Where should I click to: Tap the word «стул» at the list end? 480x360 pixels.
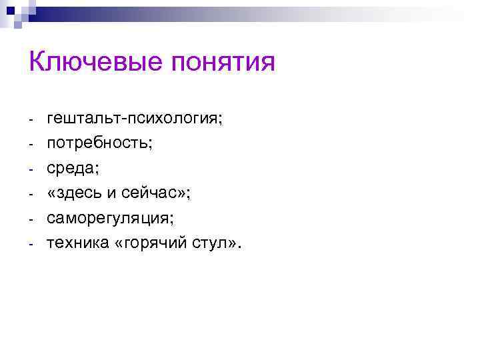208,243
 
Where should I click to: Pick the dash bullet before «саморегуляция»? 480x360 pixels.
31,219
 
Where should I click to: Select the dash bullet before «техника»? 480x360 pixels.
31,244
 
